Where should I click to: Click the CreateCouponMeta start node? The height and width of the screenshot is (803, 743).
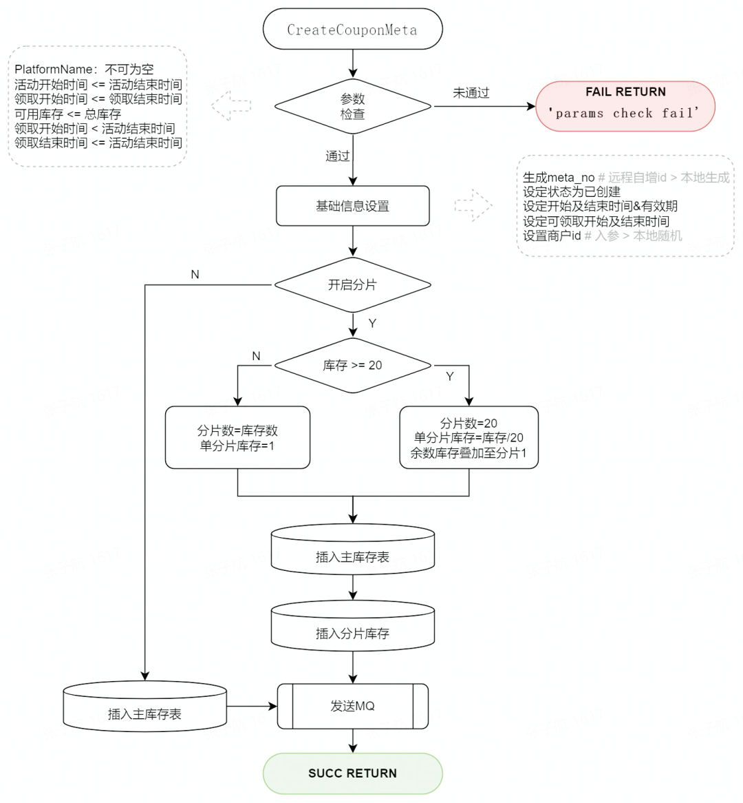pos(352,30)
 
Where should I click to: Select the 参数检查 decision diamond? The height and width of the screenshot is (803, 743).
pos(352,107)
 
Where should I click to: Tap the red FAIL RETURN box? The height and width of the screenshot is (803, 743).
pos(625,105)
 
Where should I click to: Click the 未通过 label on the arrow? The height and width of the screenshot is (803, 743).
pos(471,93)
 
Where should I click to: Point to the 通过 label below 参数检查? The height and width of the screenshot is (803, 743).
pos(337,156)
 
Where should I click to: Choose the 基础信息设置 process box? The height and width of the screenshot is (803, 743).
pos(352,206)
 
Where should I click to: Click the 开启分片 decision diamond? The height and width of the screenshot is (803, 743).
pos(352,284)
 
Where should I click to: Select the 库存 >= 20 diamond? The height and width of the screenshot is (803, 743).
pos(352,366)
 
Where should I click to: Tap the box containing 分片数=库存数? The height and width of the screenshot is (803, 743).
pos(237,438)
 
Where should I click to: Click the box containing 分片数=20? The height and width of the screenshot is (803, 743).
pos(469,438)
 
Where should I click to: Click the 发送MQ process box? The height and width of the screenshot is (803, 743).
pos(352,706)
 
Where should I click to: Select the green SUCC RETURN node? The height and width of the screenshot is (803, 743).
pos(352,773)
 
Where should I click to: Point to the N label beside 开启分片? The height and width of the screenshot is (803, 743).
pos(195,275)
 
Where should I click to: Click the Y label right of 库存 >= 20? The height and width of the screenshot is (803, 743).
pos(450,377)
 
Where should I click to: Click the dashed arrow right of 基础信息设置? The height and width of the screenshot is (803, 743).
pos(473,205)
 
